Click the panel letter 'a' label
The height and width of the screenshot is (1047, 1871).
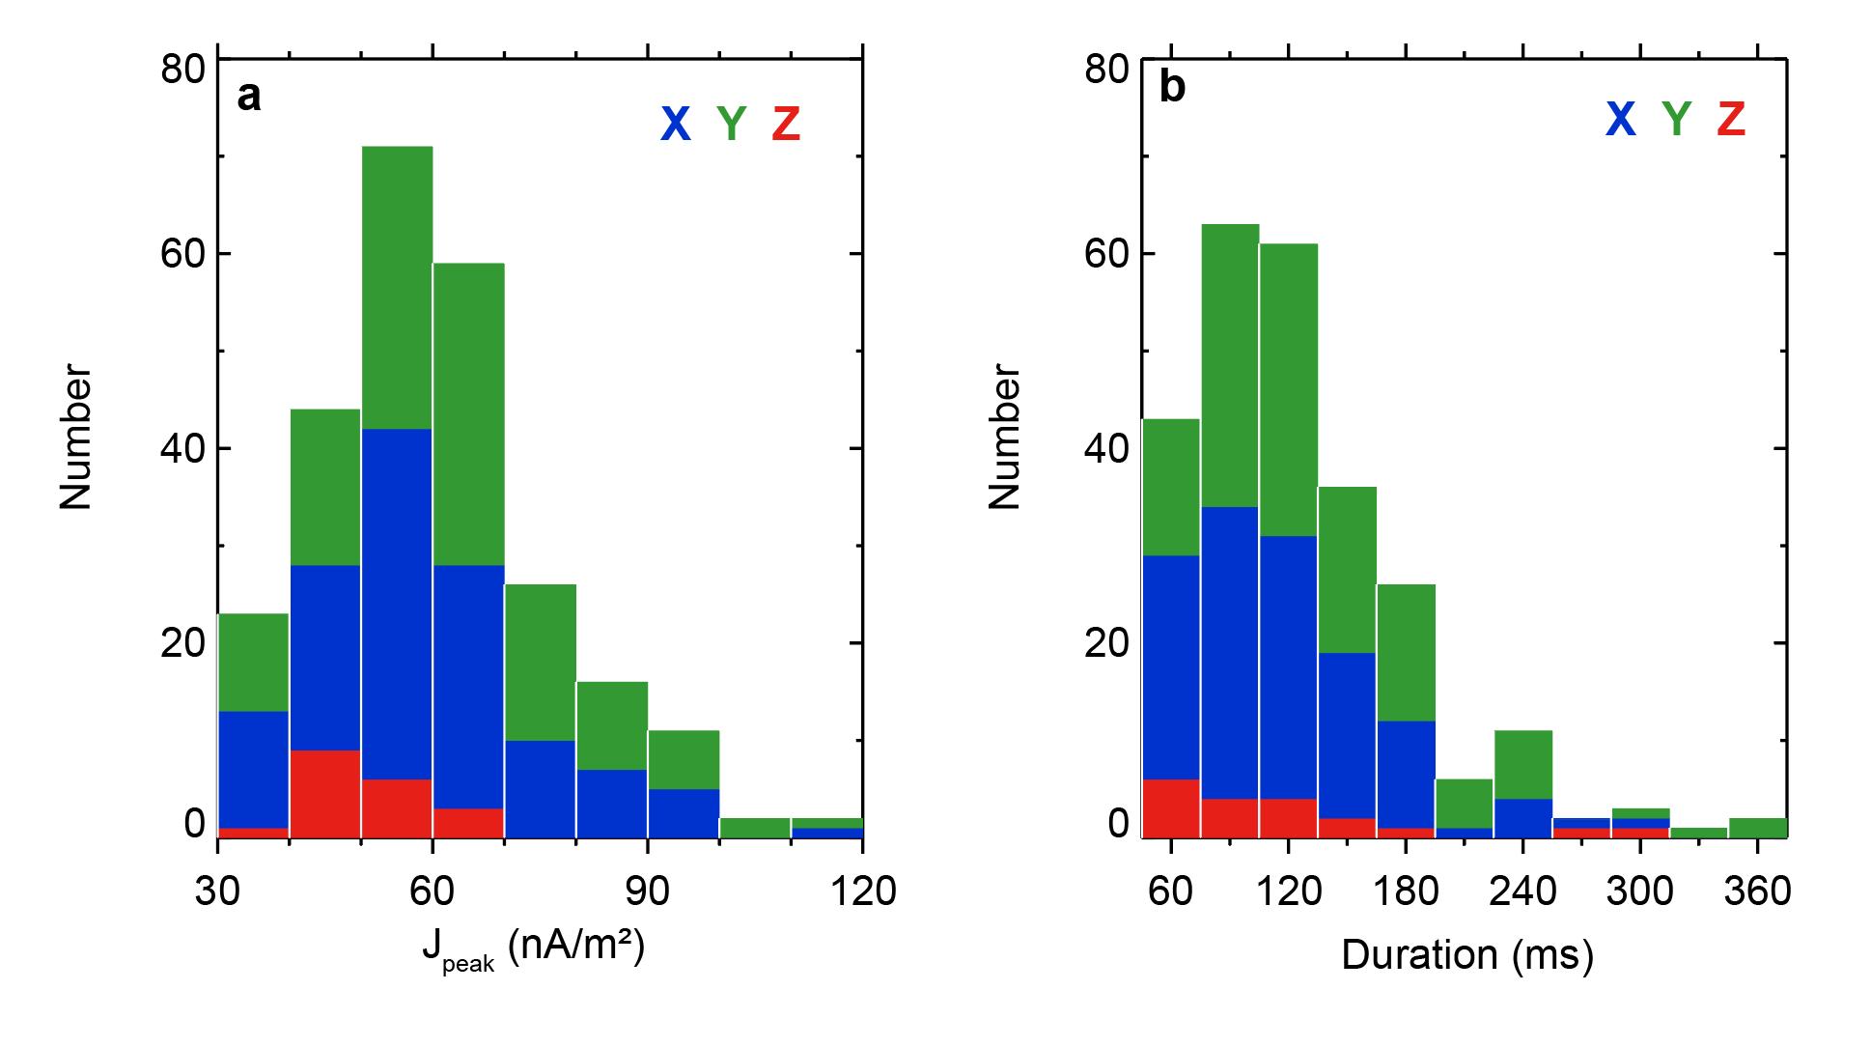click(x=249, y=97)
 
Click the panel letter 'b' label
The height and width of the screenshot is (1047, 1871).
click(x=1172, y=89)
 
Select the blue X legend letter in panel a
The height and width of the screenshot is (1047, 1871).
click(x=675, y=124)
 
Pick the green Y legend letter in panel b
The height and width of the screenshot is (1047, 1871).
click(x=1676, y=118)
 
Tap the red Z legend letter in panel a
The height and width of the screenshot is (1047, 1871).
click(x=786, y=124)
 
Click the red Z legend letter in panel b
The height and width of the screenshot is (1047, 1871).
click(x=1731, y=118)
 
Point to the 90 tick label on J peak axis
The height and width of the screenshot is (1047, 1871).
click(x=647, y=891)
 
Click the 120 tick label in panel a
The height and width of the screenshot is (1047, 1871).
click(x=862, y=891)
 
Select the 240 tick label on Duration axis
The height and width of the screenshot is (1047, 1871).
click(x=1522, y=891)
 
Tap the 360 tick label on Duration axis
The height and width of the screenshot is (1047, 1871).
click(x=1757, y=891)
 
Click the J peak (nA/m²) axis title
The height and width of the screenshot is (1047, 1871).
click(x=532, y=950)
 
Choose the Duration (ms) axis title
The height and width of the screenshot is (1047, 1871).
click(x=1466, y=954)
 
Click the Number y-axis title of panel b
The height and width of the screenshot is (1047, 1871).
click(x=1004, y=437)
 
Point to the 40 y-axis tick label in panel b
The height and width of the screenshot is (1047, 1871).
click(x=1106, y=449)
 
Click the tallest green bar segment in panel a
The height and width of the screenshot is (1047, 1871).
click(x=397, y=287)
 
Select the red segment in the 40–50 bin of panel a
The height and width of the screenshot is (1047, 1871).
click(x=325, y=793)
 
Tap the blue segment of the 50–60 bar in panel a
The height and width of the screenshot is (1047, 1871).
click(x=397, y=604)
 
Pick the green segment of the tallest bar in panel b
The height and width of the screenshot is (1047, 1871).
click(x=1230, y=365)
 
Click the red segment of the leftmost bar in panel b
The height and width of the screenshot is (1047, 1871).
click(x=1170, y=807)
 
